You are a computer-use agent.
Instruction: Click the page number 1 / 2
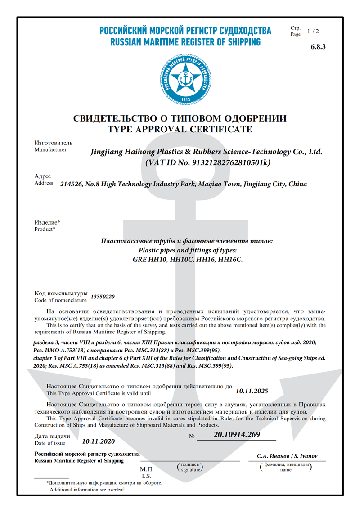(313, 32)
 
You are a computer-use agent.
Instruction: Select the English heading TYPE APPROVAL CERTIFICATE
(180, 130)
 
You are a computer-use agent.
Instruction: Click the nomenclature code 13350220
(103, 297)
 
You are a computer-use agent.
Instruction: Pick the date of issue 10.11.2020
(99, 441)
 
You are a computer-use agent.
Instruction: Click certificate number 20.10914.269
(237, 435)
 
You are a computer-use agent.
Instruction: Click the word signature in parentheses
(189, 469)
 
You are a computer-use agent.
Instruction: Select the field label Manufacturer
(50, 149)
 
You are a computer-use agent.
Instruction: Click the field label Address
(44, 183)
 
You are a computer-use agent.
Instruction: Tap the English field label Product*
(45, 229)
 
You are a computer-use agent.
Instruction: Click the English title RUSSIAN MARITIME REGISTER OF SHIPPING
(185, 42)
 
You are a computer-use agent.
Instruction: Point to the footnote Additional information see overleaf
(88, 489)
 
